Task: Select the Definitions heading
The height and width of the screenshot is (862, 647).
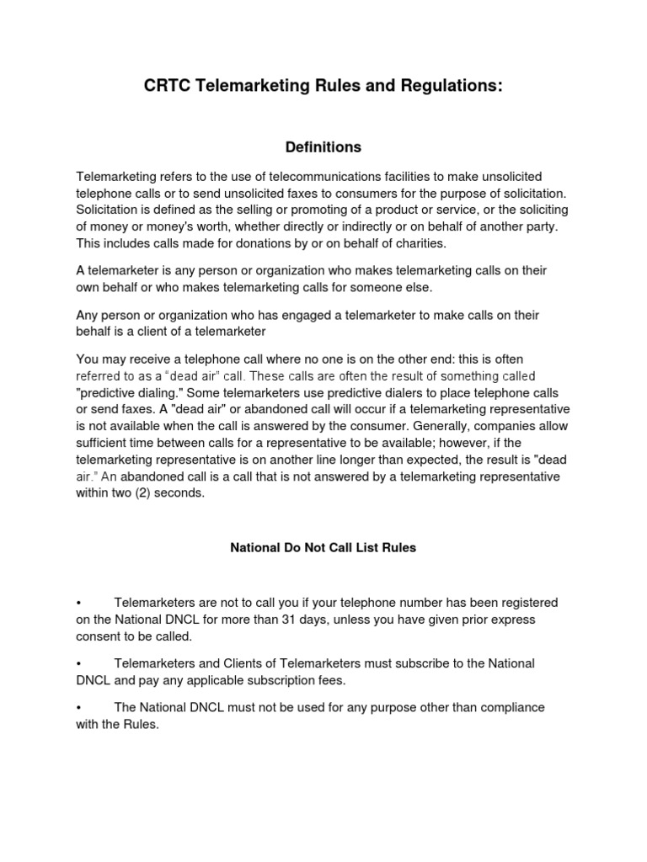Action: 323,147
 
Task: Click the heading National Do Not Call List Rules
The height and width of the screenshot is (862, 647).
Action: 323,547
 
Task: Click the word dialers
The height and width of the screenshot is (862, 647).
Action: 388,394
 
